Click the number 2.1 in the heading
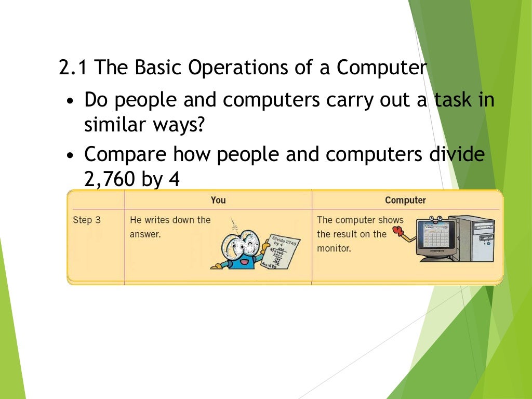[74, 68]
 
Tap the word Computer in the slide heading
[381, 68]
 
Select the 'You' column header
[218, 200]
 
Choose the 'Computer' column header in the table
[405, 200]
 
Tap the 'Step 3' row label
[87, 220]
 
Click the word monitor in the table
[334, 248]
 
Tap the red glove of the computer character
[397, 230]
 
